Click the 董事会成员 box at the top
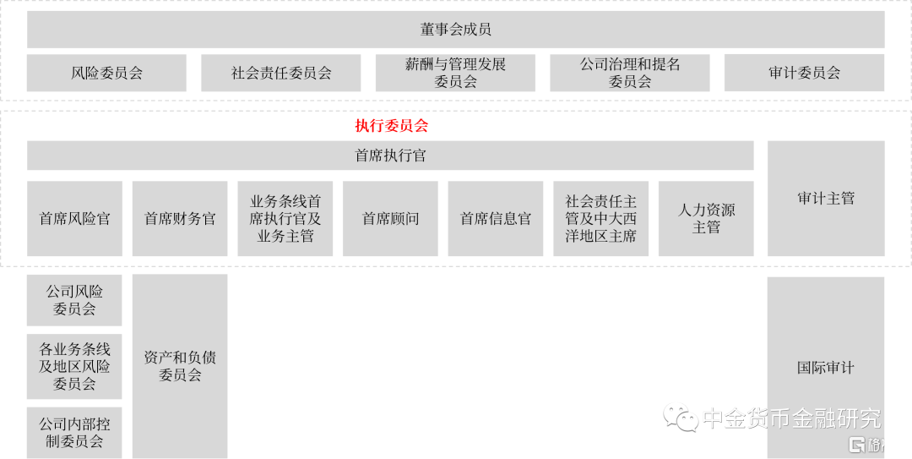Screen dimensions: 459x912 tap(456, 30)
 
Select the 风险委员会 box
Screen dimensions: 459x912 tap(106, 73)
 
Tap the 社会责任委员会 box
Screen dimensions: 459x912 tap(281, 73)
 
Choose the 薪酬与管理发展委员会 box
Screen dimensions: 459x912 tap(455, 73)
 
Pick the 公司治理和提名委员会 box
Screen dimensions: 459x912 tap(630, 73)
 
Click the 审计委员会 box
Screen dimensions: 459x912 tap(804, 73)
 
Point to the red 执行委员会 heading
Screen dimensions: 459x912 tap(391, 126)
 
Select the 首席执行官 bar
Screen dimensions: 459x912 tap(390, 156)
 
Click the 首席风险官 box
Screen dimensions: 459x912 tap(74, 219)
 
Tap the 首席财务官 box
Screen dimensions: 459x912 tap(180, 219)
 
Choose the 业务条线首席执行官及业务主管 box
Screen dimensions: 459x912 tap(285, 219)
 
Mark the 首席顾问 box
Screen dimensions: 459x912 tap(390, 219)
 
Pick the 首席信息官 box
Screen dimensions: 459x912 tap(496, 219)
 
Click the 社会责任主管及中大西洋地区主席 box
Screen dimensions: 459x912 tap(601, 219)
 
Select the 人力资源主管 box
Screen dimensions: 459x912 tap(706, 219)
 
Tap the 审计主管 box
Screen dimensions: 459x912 tap(826, 199)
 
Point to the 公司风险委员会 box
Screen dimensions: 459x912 tap(74, 300)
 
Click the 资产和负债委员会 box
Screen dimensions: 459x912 tap(180, 365)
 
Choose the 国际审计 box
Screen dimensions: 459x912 tap(825, 368)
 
